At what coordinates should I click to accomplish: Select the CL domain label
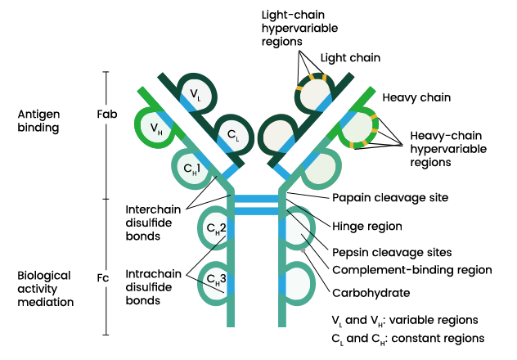point(232,133)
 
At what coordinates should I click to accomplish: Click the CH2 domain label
point(216,228)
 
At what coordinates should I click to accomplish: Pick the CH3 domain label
point(216,281)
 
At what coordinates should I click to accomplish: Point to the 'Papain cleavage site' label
point(390,197)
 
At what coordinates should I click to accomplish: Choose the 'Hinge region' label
point(366,224)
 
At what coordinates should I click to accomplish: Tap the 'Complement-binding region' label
point(411,269)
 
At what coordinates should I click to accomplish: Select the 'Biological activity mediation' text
point(45,288)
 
